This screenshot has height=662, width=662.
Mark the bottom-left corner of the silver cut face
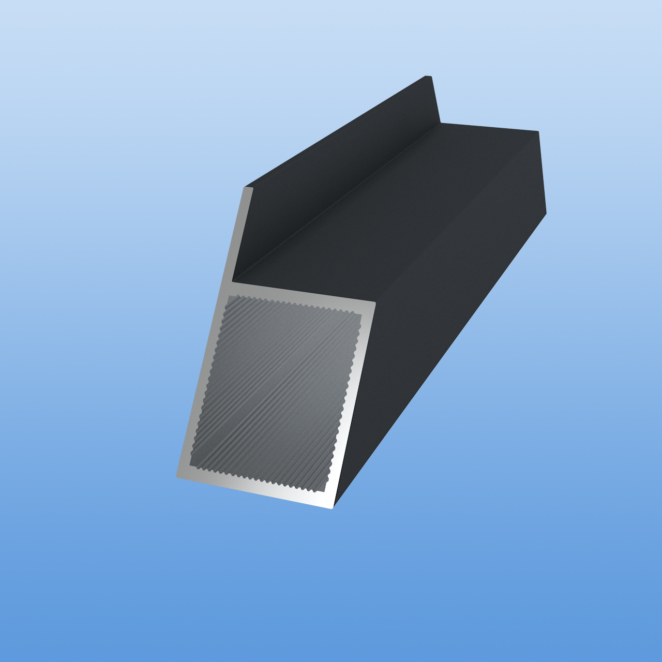tap(178, 476)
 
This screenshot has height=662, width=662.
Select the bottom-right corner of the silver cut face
tap(333, 507)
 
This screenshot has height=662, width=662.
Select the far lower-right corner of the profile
tap(546, 213)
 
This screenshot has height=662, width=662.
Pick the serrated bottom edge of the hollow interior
tap(259, 477)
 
